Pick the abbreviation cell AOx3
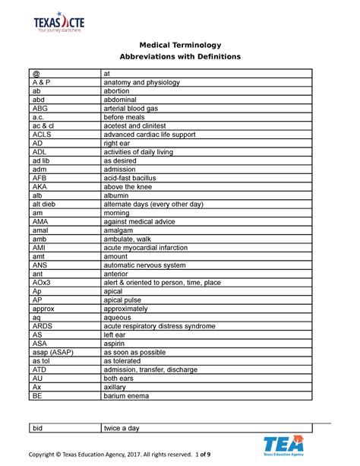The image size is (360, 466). pyautogui.click(x=43, y=282)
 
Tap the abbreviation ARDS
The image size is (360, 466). pyautogui.click(x=43, y=326)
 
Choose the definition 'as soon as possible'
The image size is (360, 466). pyautogui.click(x=139, y=352)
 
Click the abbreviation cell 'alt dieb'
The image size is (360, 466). pyautogui.click(x=44, y=204)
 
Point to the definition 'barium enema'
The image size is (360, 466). pyautogui.click(x=128, y=396)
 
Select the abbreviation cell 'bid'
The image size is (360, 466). pyautogui.click(x=37, y=429)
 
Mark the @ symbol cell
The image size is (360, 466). pyautogui.click(x=35, y=73)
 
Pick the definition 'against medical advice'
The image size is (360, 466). pyautogui.click(x=139, y=221)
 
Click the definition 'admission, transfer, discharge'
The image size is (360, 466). pyautogui.click(x=150, y=369)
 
